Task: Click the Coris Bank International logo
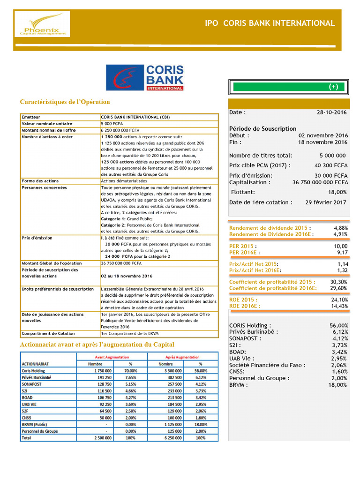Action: click(145, 77)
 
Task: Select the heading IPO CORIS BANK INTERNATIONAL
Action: click(270, 23)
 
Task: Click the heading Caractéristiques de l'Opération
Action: click(65, 102)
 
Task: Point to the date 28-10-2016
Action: click(332, 112)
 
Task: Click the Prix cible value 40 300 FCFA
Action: click(330, 165)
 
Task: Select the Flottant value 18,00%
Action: click(337, 192)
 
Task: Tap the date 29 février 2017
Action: click(326, 202)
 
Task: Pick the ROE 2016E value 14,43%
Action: click(339, 306)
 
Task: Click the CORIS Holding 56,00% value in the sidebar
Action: click(339, 325)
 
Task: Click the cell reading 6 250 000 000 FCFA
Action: click(120, 130)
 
